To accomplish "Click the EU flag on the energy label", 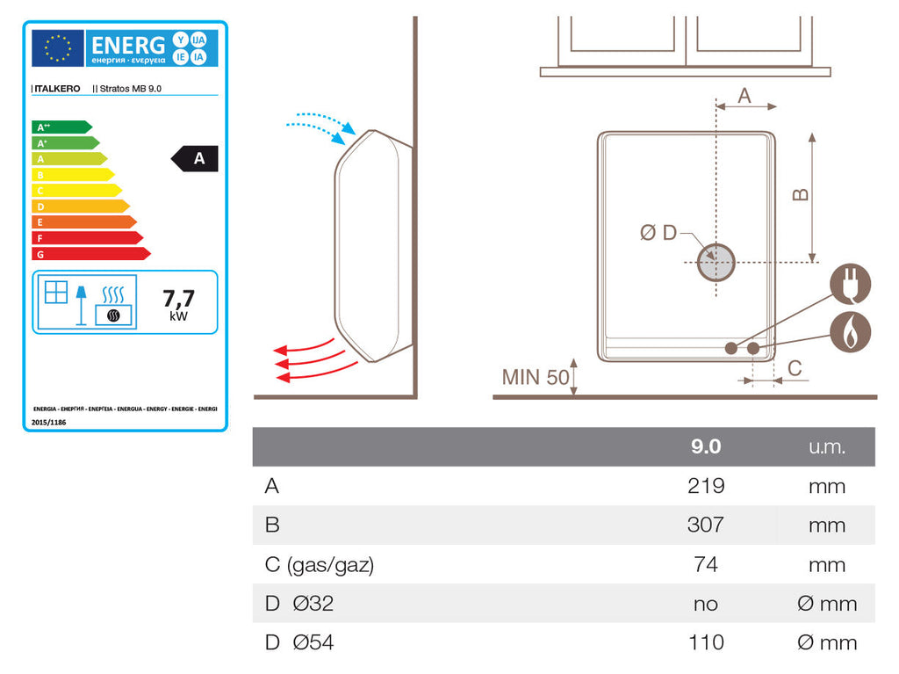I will pyautogui.click(x=58, y=47).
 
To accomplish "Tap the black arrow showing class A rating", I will pyautogui.click(x=195, y=158).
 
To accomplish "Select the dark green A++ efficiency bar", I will pyautogui.click(x=61, y=127).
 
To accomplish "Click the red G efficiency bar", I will pyautogui.click(x=90, y=254).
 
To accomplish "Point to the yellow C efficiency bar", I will pyautogui.click(x=76, y=190).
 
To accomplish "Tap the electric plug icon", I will pyautogui.click(x=850, y=284).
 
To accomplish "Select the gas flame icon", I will pyautogui.click(x=850, y=331).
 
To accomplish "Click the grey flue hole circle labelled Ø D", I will pyautogui.click(x=716, y=262).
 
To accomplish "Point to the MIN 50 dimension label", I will pyautogui.click(x=536, y=378).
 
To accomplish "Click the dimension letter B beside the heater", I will pyautogui.click(x=801, y=193).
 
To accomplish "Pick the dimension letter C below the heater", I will pyautogui.click(x=795, y=369).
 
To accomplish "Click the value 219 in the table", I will pyautogui.click(x=706, y=486).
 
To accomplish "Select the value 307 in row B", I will pyautogui.click(x=706, y=525).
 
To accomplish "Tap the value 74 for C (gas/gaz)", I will pyautogui.click(x=706, y=564).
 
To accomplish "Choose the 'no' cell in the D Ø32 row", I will pyautogui.click(x=706, y=604).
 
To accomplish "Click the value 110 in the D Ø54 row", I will pyautogui.click(x=706, y=642).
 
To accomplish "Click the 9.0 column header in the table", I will pyautogui.click(x=706, y=446).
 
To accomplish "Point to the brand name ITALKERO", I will pyautogui.click(x=57, y=89).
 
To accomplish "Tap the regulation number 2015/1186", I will pyautogui.click(x=49, y=422).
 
